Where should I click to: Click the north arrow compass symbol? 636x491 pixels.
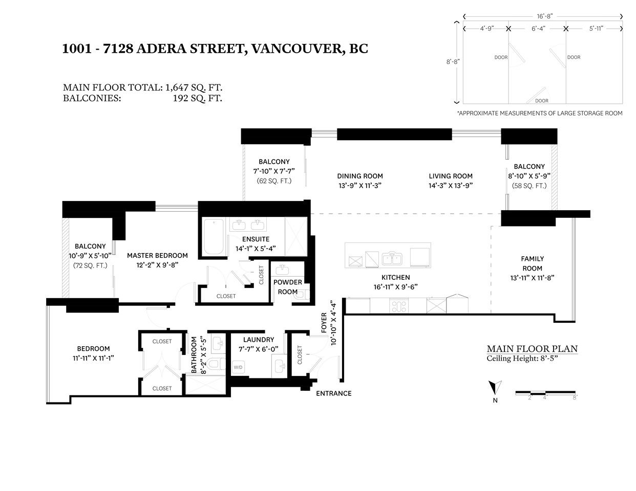[495, 388]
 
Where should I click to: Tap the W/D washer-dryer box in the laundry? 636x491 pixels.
[238, 367]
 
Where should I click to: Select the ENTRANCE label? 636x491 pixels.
[334, 393]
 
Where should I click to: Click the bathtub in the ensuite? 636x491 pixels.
[214, 236]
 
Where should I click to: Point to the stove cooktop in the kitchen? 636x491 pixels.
[398, 306]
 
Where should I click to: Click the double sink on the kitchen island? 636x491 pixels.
[392, 259]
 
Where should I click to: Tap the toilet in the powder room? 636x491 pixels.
[302, 295]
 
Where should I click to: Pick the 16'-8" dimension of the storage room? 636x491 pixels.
[544, 16]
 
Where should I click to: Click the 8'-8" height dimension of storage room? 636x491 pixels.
[453, 62]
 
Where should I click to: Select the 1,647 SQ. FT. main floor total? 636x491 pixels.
[194, 87]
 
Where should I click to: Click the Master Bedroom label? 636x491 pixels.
[157, 255]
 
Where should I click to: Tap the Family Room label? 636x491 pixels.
[533, 263]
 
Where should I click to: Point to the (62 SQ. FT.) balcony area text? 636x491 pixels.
[274, 181]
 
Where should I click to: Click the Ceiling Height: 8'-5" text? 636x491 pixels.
[522, 359]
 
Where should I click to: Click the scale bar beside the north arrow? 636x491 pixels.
[545, 392]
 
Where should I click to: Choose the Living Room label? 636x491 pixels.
[451, 176]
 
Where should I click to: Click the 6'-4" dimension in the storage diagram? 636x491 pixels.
[539, 29]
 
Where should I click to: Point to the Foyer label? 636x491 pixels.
[324, 323]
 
